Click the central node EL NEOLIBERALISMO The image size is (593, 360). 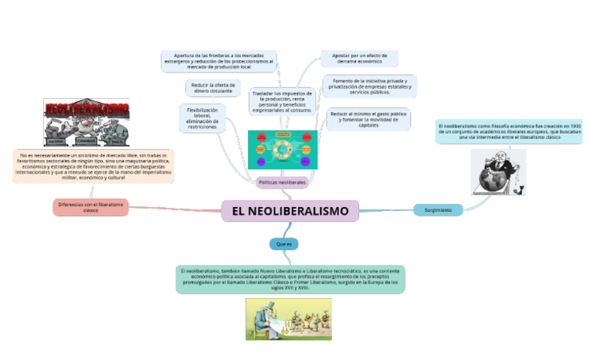(290, 211)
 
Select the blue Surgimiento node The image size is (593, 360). (438, 209)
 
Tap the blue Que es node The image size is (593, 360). (283, 243)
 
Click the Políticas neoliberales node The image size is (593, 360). (282, 182)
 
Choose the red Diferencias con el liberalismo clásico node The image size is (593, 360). (91, 207)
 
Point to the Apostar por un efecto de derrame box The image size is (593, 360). (359, 59)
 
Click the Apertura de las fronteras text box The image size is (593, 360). (219, 61)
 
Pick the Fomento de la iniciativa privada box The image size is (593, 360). (370, 86)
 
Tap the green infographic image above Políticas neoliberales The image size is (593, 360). (282, 149)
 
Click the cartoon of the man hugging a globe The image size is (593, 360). (498, 172)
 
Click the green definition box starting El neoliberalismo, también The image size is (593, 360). (290, 279)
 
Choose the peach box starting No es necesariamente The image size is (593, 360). (93, 166)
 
